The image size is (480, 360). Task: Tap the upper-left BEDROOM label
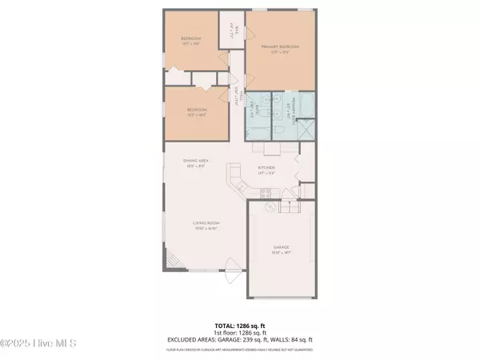click(x=190, y=41)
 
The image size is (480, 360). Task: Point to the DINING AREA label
click(x=197, y=163)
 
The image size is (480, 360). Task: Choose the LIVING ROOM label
click(x=206, y=225)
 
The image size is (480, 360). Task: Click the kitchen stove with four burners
click(x=266, y=191)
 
